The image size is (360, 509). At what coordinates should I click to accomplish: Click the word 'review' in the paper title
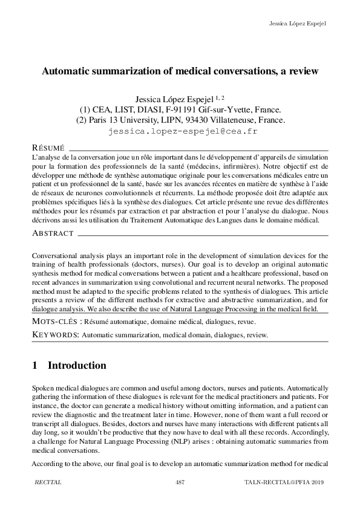(301, 71)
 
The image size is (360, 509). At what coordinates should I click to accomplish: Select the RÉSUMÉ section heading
(48, 148)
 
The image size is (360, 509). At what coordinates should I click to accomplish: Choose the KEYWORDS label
(54, 334)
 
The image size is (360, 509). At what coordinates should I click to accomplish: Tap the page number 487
(180, 481)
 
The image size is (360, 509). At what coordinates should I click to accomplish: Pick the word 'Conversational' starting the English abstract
(55, 256)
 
